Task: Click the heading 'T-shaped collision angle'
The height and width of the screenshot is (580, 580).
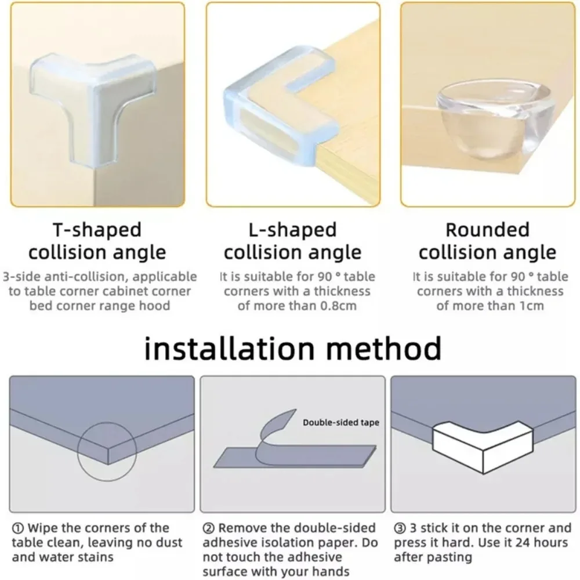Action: pos(97,241)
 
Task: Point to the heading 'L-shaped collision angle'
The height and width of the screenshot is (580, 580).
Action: pos(292,241)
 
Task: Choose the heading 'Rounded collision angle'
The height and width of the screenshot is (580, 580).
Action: pos(487,241)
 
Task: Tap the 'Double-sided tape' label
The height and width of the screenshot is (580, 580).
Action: pos(340,422)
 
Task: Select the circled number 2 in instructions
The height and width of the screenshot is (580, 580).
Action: pos(208,528)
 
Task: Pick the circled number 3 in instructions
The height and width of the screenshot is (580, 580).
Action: pos(400,528)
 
